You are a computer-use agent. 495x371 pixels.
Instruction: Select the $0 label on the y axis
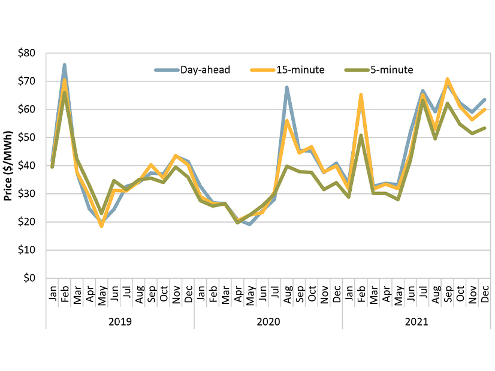(30, 278)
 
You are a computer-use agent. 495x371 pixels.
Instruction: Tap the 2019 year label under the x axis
(120, 321)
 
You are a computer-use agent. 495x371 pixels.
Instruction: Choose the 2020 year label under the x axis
(268, 321)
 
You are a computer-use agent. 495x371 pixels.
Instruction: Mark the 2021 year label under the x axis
(416, 321)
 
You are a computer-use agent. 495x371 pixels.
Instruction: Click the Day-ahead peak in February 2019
(65, 65)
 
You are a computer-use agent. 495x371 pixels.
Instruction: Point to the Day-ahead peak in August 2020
(287, 87)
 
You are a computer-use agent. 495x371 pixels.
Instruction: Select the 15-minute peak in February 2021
(361, 95)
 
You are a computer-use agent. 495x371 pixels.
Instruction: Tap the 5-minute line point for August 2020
(287, 166)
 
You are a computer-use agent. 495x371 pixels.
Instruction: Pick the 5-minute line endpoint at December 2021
(484, 128)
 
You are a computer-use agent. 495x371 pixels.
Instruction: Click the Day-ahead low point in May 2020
(250, 224)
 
